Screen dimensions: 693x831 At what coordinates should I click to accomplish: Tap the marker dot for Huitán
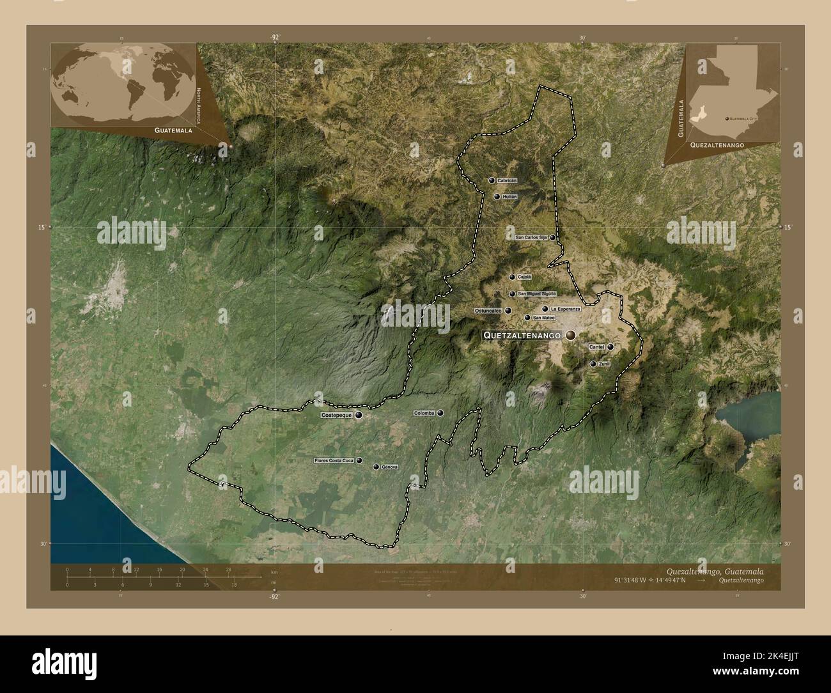(x=497, y=197)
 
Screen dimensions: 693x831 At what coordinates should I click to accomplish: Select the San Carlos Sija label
(x=531, y=237)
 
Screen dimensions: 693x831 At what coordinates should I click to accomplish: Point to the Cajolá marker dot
(x=512, y=277)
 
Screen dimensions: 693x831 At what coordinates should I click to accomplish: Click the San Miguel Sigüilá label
(x=536, y=294)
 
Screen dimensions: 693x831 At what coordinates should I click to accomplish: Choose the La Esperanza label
(x=564, y=309)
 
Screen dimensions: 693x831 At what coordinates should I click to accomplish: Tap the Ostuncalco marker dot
(x=508, y=311)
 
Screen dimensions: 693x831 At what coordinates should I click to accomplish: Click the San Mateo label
(x=543, y=318)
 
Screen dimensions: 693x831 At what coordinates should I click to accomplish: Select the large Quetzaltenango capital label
(x=522, y=335)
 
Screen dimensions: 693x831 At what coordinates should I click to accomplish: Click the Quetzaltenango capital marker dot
(x=570, y=335)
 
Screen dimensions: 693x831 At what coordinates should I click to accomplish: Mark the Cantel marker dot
(x=610, y=347)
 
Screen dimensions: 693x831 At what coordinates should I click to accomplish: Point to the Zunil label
(x=605, y=364)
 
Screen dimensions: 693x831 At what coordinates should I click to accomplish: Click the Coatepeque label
(x=336, y=415)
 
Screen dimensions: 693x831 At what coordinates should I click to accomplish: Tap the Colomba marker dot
(x=440, y=413)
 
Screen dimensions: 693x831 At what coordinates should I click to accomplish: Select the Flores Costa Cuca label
(x=334, y=460)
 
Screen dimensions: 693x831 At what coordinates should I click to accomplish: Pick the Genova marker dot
(x=376, y=467)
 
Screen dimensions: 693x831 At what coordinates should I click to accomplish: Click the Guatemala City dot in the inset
(x=727, y=118)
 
